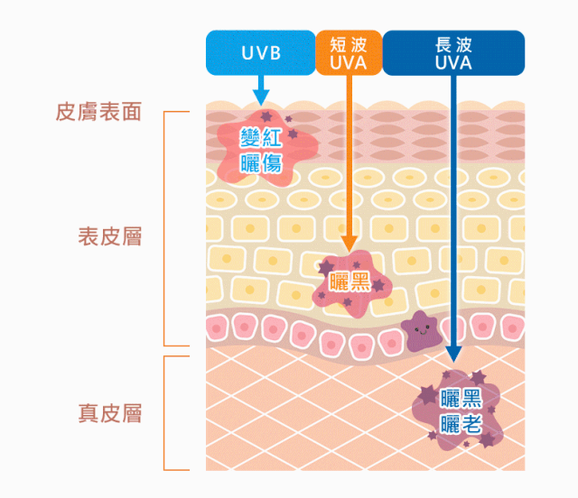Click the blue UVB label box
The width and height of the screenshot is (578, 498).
point(260,52)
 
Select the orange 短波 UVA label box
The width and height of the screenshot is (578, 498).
point(349,52)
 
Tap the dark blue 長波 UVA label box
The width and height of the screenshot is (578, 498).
point(453,52)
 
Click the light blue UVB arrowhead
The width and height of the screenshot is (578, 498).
point(260,97)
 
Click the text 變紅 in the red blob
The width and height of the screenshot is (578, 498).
point(261,138)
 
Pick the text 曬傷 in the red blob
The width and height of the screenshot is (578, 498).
point(261,162)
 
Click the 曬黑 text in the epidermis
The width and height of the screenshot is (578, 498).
point(350,281)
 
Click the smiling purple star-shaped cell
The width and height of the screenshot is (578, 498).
point(419,329)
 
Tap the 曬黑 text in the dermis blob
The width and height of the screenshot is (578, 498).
point(460,398)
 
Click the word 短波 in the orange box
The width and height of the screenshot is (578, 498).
point(349,43)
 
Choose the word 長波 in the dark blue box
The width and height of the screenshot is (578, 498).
point(453,43)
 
